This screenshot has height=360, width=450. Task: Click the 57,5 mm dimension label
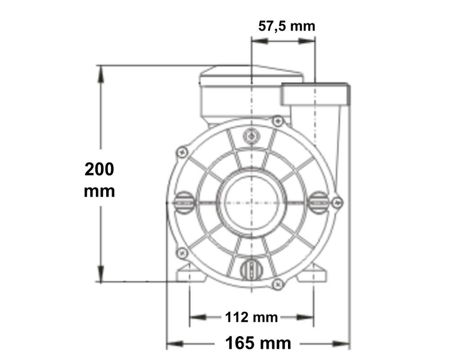point(286,26)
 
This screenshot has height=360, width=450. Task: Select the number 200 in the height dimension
point(100,169)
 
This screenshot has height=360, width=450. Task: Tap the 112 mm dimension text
point(252,316)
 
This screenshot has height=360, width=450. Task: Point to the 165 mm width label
point(258,343)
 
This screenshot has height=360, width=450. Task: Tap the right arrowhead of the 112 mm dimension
point(310,317)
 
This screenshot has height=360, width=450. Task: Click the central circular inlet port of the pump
point(251,201)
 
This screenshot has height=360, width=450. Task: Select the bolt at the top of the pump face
point(251,137)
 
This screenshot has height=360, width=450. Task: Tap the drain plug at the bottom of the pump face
point(250,268)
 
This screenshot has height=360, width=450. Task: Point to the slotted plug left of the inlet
point(183,202)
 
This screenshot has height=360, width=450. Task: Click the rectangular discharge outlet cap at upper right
point(314,95)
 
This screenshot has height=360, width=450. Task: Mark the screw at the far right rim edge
point(338,202)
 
